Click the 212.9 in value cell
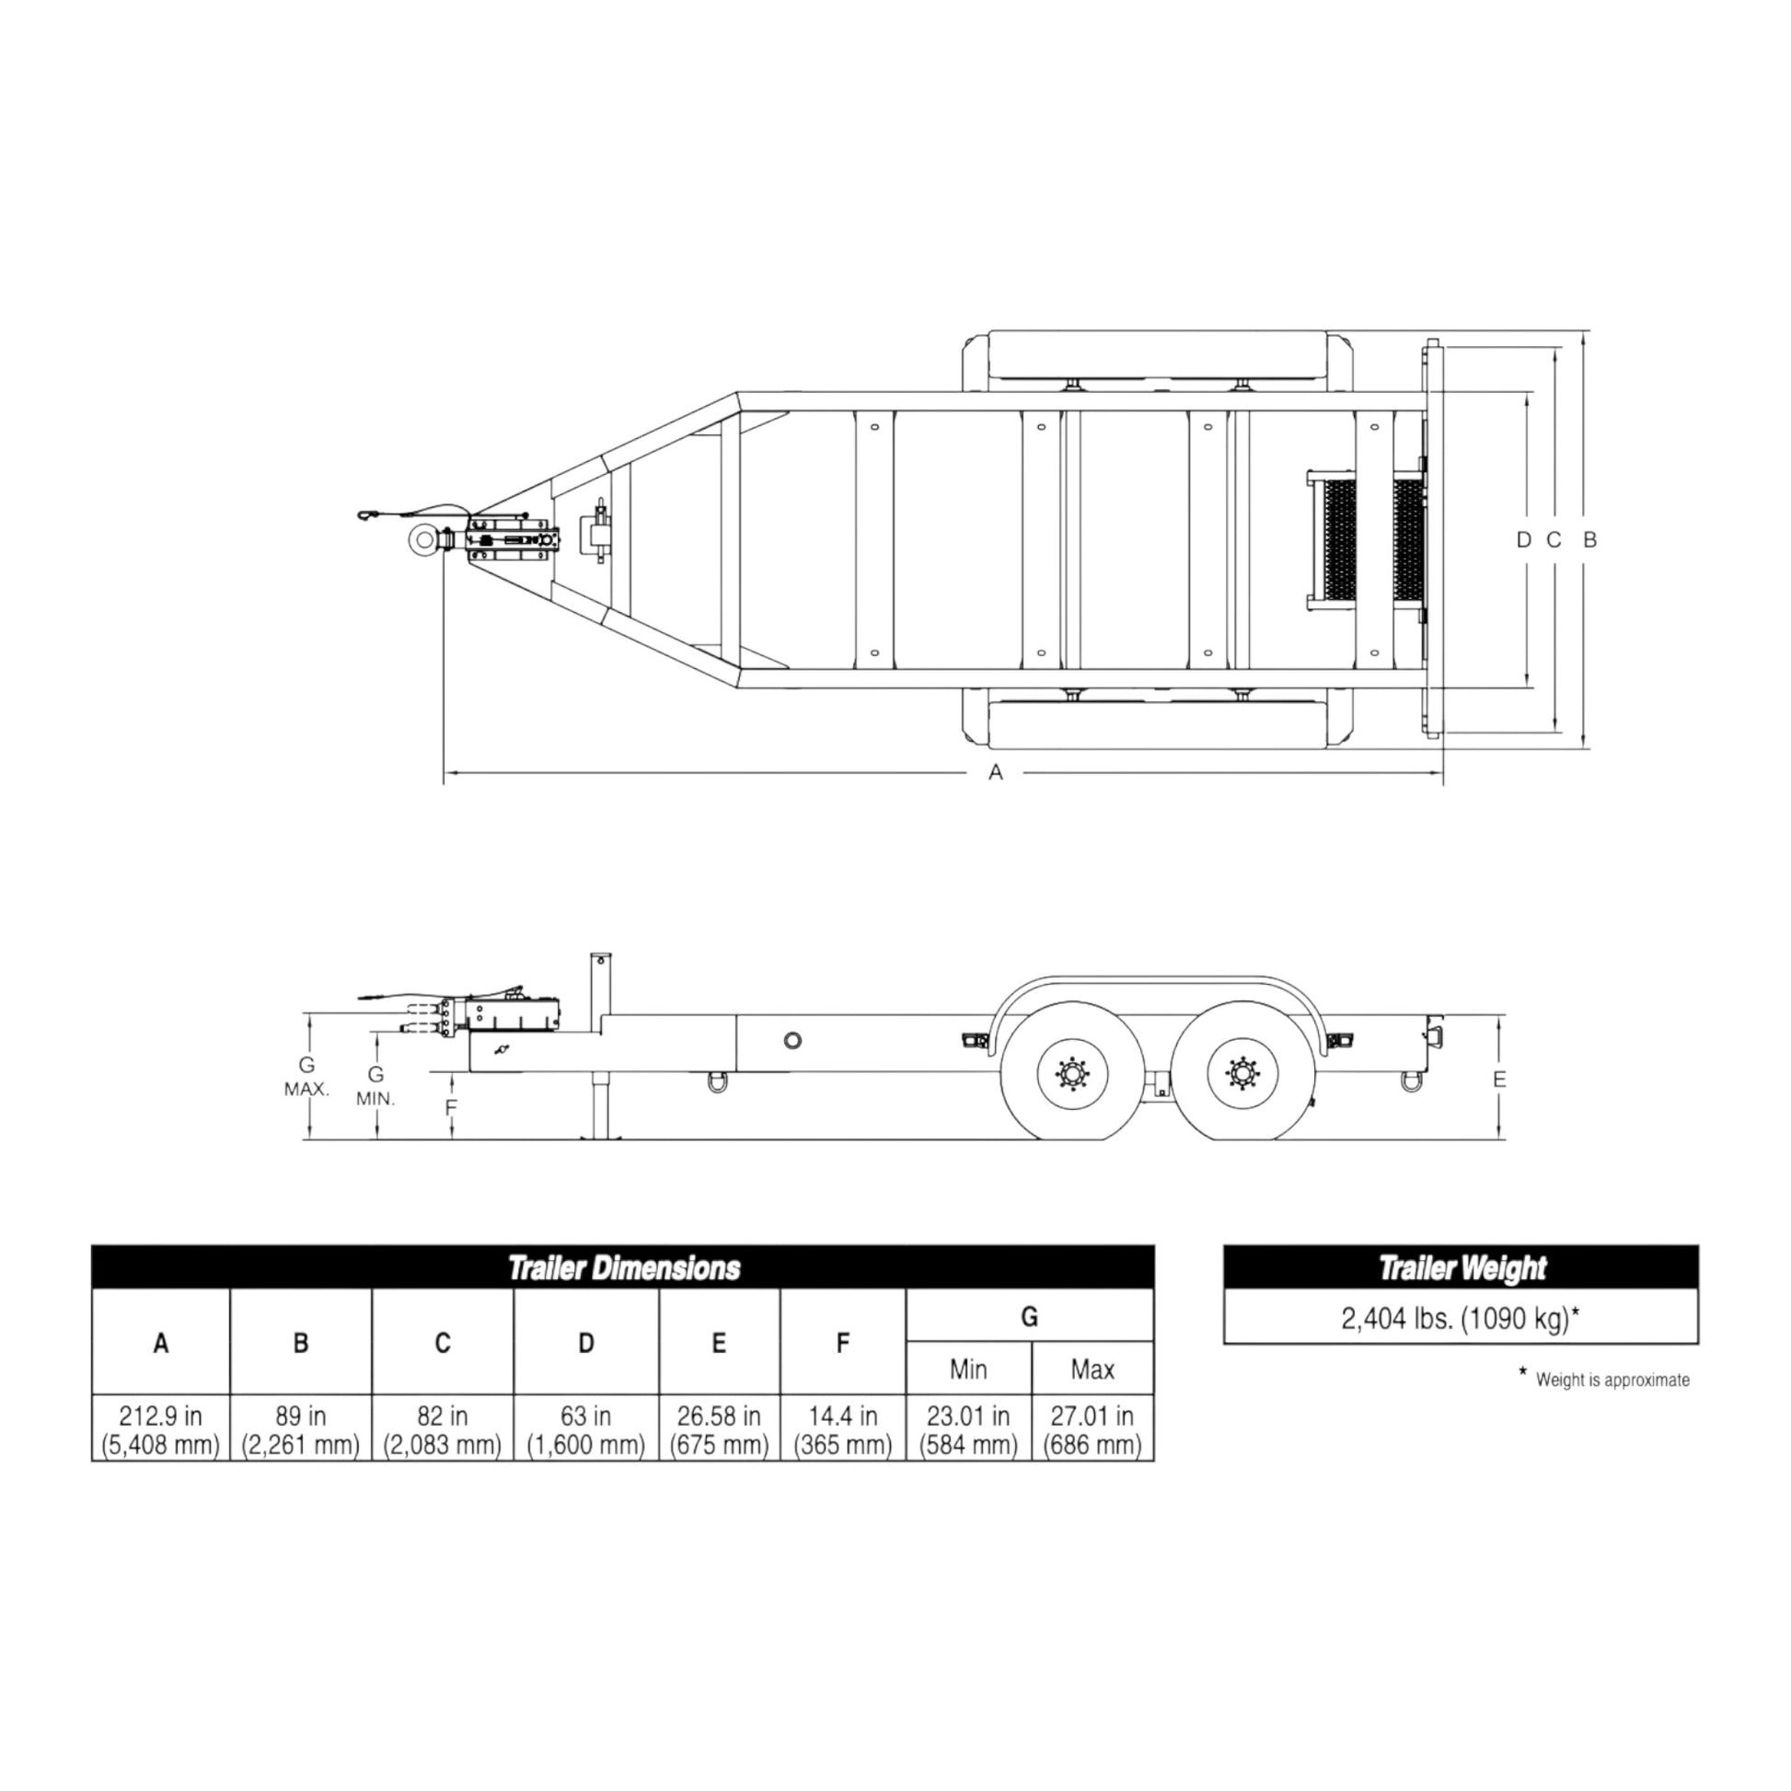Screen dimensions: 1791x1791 [160, 1429]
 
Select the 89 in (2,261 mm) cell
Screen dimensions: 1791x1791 [300, 1429]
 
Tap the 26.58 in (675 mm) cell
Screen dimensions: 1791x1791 [719, 1429]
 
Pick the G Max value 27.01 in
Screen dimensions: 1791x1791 [1092, 1429]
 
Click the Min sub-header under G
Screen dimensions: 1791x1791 [968, 1369]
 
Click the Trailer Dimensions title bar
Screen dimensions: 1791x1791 [623, 1268]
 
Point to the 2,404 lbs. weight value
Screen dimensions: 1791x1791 [1460, 1318]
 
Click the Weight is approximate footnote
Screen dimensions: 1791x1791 [1612, 1381]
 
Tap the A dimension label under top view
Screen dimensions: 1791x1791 [996, 772]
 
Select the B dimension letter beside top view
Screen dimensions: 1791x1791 [1589, 539]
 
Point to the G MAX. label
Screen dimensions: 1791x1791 [306, 1077]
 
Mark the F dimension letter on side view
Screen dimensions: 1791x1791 [452, 1108]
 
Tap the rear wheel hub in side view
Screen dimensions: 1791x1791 [1242, 1074]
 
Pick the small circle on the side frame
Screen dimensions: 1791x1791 [792, 1040]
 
